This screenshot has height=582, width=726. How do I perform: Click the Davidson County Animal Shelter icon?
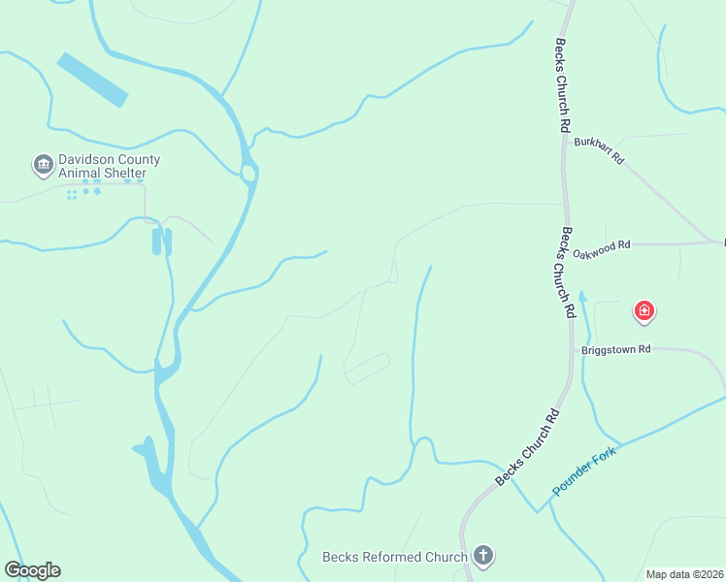click(43, 165)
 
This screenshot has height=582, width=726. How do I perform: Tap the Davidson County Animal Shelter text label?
click(109, 167)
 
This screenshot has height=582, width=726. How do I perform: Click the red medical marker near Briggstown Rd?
click(643, 311)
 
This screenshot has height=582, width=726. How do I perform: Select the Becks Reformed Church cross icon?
click(482, 556)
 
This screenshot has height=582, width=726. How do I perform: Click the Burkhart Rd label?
click(598, 149)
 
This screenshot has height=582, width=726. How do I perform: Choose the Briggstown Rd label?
click(615, 349)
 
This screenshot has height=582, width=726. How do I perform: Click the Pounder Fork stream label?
click(584, 471)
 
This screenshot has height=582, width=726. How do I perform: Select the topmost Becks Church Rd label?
click(562, 85)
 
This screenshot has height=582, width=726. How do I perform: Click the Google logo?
click(32, 570)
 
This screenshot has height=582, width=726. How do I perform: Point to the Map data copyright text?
click(684, 574)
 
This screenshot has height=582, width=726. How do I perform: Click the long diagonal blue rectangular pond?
click(92, 80)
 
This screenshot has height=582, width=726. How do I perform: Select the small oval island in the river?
click(247, 174)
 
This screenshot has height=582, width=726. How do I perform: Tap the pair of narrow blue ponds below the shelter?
click(161, 242)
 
